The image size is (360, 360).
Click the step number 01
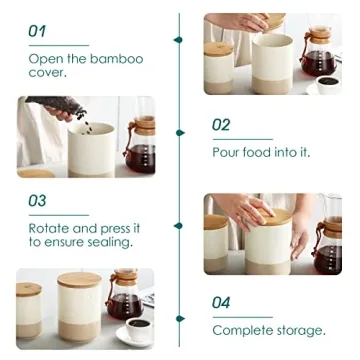click(x=37, y=31)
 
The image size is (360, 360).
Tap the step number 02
click(x=222, y=125)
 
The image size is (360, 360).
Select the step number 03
click(x=37, y=201)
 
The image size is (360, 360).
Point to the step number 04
click(x=222, y=302)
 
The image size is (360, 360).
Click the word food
click(x=266, y=152)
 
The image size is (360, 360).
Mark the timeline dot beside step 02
click(x=181, y=131)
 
